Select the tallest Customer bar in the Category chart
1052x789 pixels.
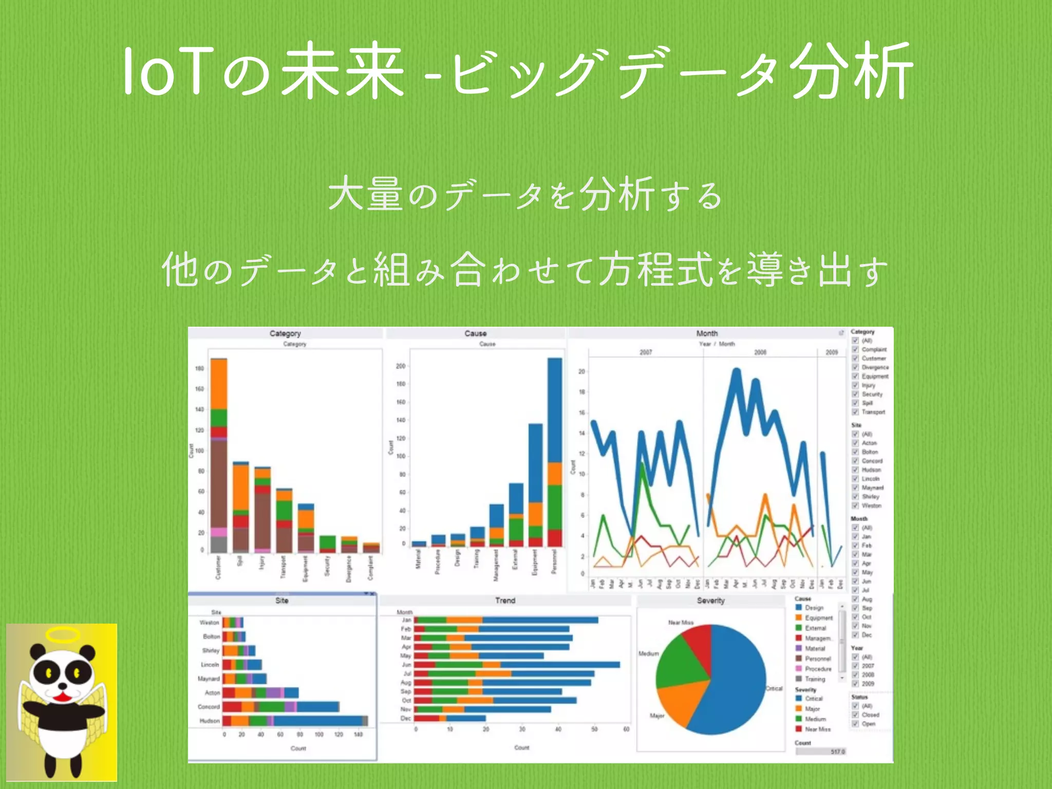click(x=219, y=457)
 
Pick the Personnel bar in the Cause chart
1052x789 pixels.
click(x=555, y=452)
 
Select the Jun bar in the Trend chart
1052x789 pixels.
click(x=517, y=665)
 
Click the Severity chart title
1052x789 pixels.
click(x=710, y=600)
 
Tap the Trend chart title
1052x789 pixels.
click(x=505, y=600)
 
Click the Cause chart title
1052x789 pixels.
click(x=475, y=333)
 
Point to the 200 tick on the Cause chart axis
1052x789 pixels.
click(x=401, y=366)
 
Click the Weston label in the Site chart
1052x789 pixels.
click(x=209, y=623)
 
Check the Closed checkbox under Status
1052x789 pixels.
click(x=855, y=715)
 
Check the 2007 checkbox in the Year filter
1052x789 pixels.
click(x=855, y=666)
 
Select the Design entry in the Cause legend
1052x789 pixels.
click(x=814, y=608)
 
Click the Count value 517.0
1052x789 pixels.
click(x=837, y=752)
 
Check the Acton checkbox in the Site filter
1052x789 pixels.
click(x=855, y=443)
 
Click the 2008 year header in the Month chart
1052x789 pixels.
click(x=760, y=352)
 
